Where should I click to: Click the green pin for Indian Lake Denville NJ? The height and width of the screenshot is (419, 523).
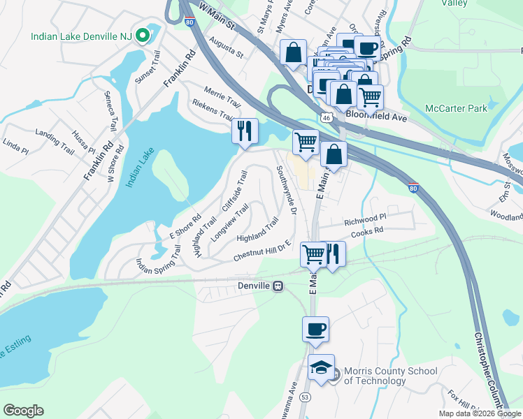[x=143, y=35]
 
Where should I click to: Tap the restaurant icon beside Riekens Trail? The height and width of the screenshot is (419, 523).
[x=245, y=131]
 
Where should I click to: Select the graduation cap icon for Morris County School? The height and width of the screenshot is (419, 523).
[x=320, y=367]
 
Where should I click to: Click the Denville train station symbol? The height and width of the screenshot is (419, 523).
[x=278, y=286]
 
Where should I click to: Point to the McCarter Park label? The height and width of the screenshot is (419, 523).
[x=456, y=108]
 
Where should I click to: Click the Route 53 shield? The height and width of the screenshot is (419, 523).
[x=305, y=397]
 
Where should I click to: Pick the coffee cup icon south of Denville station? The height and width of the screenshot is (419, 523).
[x=315, y=328]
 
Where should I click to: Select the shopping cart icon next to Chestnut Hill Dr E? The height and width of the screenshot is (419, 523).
[x=313, y=253]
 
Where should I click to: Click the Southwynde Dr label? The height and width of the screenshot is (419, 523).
[x=287, y=190]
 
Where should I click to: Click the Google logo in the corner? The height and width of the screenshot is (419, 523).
[x=23, y=411]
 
